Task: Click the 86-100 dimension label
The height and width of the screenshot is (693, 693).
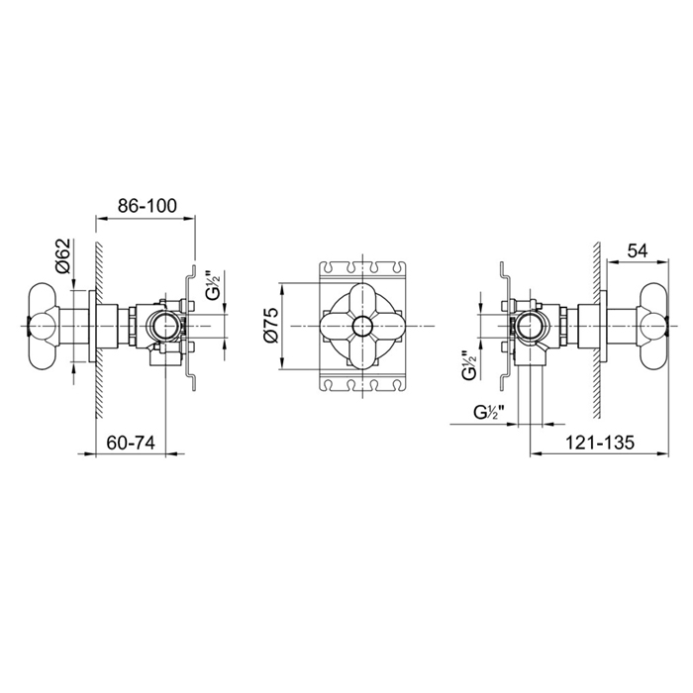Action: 148,206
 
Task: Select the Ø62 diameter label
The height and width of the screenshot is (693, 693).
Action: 63,255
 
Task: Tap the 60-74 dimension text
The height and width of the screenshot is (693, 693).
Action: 131,443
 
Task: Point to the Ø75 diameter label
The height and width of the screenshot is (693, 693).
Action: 271,326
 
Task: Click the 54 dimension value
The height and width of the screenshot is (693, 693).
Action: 637,251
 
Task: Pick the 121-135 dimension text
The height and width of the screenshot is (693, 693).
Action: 600,443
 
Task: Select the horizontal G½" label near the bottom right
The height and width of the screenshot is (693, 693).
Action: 490,413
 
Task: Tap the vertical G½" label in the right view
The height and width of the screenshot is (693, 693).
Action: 468,365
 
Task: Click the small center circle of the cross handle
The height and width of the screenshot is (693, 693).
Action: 362,326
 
